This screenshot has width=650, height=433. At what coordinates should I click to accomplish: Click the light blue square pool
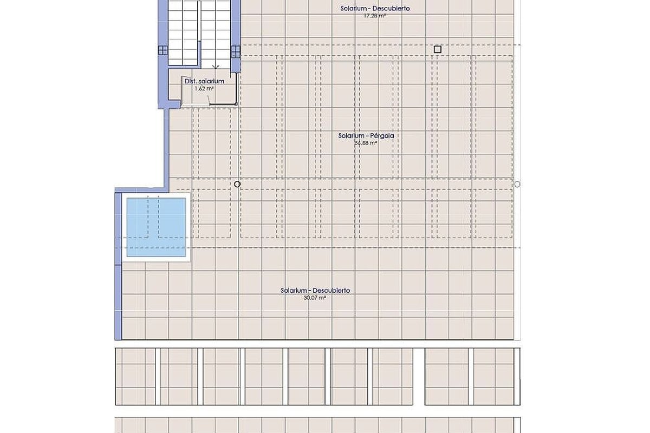(x=156, y=227)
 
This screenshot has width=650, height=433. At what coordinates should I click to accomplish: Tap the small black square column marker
(x=438, y=49)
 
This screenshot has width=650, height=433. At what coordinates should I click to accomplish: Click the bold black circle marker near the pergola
(x=237, y=184)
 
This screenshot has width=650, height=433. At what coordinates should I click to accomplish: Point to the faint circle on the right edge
(x=517, y=184)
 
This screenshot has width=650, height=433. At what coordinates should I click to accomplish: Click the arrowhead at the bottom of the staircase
(x=216, y=68)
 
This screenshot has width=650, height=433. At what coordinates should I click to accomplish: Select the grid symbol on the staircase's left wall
(x=163, y=50)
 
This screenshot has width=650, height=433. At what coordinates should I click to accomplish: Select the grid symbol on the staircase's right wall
(x=236, y=51)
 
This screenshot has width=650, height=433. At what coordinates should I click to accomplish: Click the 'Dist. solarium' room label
(x=204, y=81)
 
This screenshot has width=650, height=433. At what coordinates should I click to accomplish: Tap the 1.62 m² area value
(x=204, y=88)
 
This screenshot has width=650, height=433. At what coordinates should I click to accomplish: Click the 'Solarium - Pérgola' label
(x=366, y=136)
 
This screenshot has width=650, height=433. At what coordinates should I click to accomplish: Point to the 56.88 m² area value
(x=366, y=143)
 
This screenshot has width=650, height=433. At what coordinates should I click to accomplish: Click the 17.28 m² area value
(x=375, y=16)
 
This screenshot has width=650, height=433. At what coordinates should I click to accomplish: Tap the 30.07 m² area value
(x=315, y=298)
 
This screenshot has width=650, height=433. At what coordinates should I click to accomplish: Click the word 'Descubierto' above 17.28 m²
(x=391, y=9)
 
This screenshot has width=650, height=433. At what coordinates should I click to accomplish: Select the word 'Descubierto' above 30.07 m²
(x=331, y=291)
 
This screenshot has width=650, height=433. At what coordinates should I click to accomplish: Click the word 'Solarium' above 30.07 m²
(x=294, y=291)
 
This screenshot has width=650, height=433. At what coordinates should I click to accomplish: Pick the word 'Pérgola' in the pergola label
(x=383, y=136)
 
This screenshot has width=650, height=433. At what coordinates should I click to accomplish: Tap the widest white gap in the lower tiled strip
(x=419, y=377)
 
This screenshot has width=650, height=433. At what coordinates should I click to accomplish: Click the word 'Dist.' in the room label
(x=190, y=81)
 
